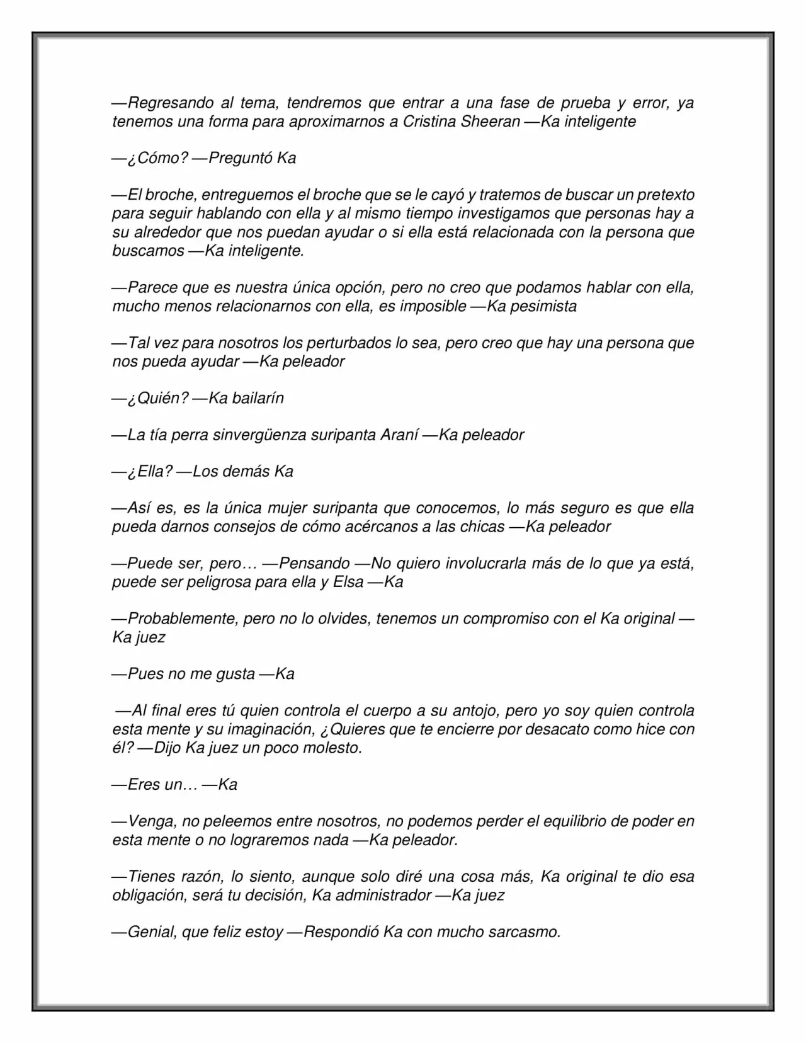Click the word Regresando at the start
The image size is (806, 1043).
click(x=166, y=103)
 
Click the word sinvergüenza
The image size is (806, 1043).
click(x=260, y=435)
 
